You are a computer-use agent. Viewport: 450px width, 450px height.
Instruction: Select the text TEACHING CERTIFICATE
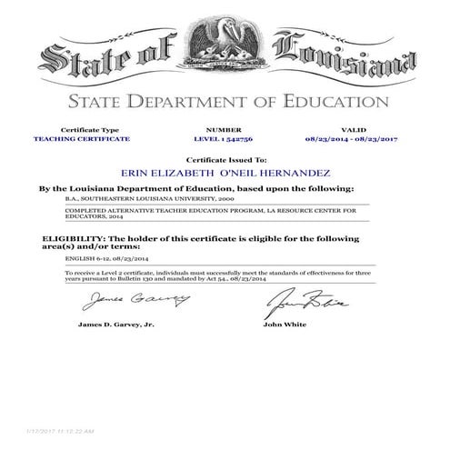pos(81,138)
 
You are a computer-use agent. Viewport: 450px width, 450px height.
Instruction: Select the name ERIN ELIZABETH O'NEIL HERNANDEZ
pos(225,170)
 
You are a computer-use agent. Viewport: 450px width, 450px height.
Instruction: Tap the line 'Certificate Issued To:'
pos(225,157)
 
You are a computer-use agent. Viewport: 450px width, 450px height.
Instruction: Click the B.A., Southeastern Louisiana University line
pos(137,196)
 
